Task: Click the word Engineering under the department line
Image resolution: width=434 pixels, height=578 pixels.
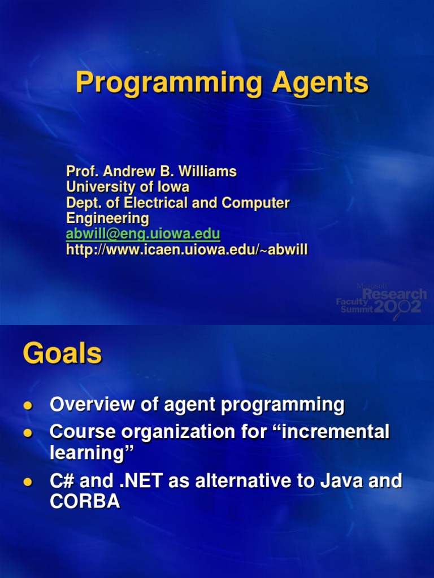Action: click(x=107, y=218)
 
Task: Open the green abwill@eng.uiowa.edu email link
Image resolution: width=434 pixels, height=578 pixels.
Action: click(x=143, y=234)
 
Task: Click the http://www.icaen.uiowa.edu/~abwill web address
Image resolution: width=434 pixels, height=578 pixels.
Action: click(x=186, y=249)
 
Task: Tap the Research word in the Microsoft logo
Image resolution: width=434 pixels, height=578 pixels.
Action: click(x=394, y=294)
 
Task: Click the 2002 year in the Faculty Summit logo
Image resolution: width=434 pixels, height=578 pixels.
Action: click(x=397, y=306)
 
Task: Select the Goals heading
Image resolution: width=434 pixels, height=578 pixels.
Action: click(x=62, y=353)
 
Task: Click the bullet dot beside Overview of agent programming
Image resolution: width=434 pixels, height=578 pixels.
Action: click(x=28, y=405)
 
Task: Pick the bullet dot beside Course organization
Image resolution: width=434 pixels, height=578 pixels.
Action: click(x=28, y=432)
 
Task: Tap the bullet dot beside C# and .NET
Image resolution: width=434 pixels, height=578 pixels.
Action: click(x=28, y=482)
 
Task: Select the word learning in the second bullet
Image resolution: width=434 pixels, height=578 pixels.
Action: click(x=86, y=453)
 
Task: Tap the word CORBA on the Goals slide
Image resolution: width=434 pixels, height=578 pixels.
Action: click(x=85, y=501)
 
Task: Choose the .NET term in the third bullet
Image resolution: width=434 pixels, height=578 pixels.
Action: click(x=141, y=481)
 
